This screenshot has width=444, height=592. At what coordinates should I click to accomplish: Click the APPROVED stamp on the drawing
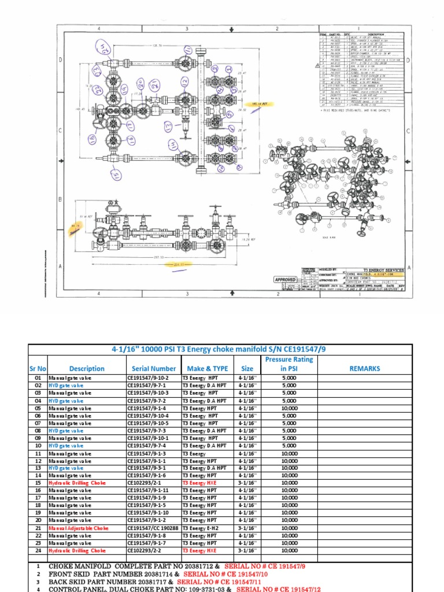pos(286,279)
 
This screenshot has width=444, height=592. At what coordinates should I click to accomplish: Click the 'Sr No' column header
pos(38,368)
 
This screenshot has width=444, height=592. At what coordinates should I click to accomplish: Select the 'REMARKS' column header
pos(365,368)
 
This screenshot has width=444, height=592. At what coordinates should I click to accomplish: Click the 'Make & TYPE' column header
pos(208,368)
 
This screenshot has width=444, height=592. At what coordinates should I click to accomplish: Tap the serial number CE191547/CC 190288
pos(153,528)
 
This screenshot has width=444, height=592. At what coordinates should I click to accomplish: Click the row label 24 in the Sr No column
pos(38,550)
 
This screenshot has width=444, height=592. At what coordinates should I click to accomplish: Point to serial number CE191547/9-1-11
pos(148,490)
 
